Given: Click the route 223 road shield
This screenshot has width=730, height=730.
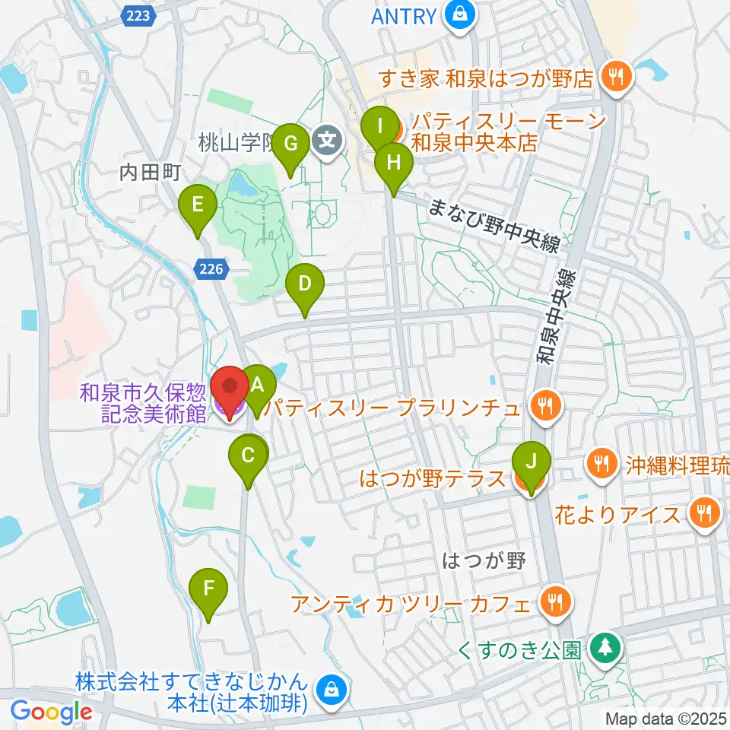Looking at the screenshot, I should pyautogui.click(x=140, y=14).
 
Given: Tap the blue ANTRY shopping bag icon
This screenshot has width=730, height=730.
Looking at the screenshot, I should pyautogui.click(x=461, y=14).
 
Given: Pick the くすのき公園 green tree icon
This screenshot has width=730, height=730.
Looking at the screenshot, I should pyautogui.click(x=605, y=649).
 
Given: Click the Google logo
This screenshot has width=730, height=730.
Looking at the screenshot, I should pyautogui.click(x=51, y=713).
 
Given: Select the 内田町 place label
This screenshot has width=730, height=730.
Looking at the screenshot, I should pyautogui.click(x=149, y=173).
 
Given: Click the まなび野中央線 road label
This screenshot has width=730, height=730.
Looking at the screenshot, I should pyautogui.click(x=494, y=226).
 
